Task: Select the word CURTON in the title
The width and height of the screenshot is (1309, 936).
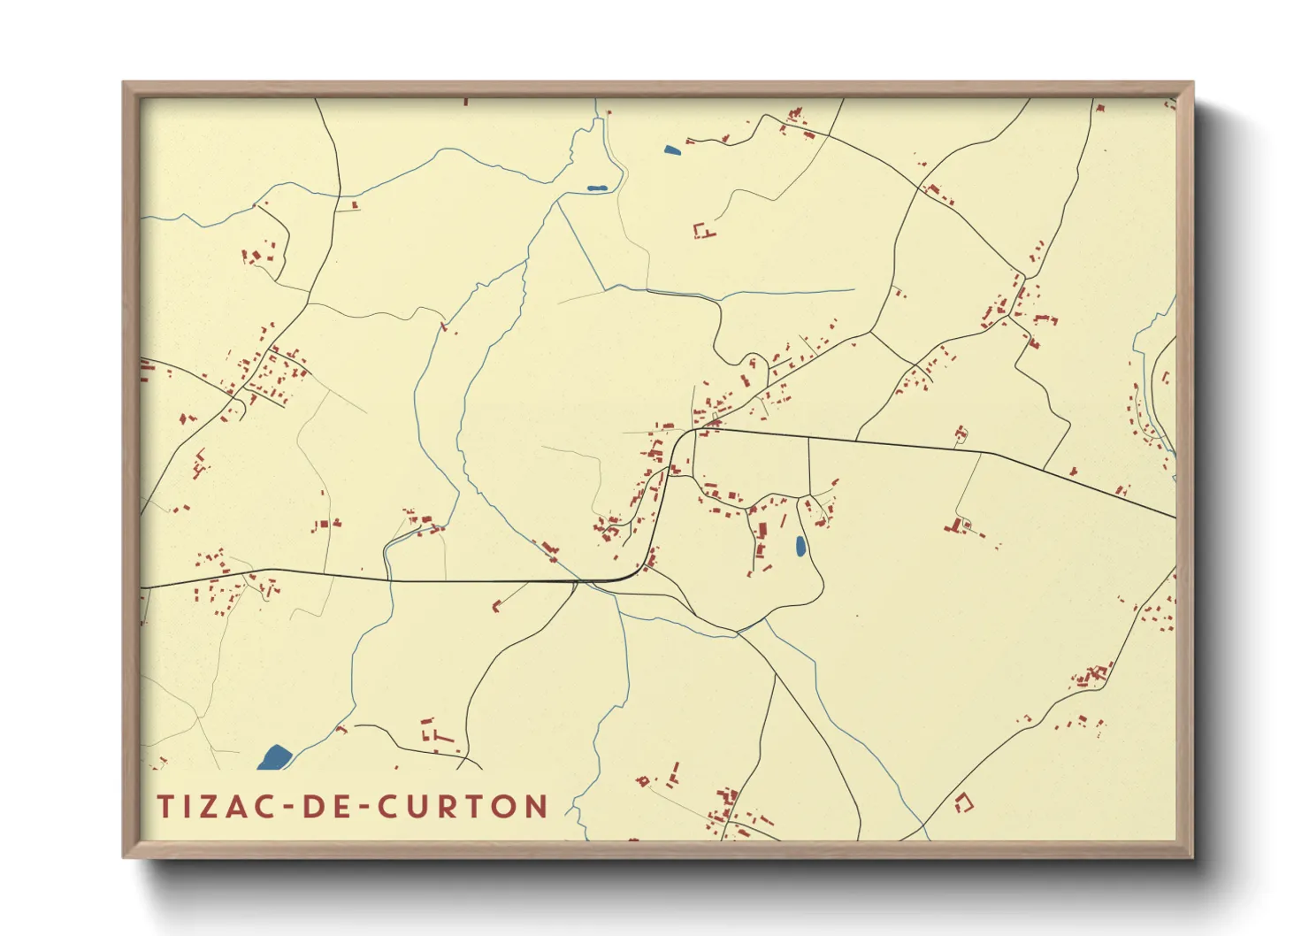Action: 463,807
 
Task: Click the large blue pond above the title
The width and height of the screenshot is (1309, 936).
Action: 275,756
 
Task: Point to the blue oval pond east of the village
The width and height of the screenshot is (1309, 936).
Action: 800,547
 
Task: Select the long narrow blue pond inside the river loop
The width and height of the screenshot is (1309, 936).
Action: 597,188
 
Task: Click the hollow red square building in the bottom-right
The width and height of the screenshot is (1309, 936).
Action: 964,803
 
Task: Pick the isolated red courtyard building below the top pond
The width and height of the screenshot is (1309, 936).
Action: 703,232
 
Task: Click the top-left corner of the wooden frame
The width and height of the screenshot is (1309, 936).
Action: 124,83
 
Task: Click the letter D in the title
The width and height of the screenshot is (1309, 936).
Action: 314,807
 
